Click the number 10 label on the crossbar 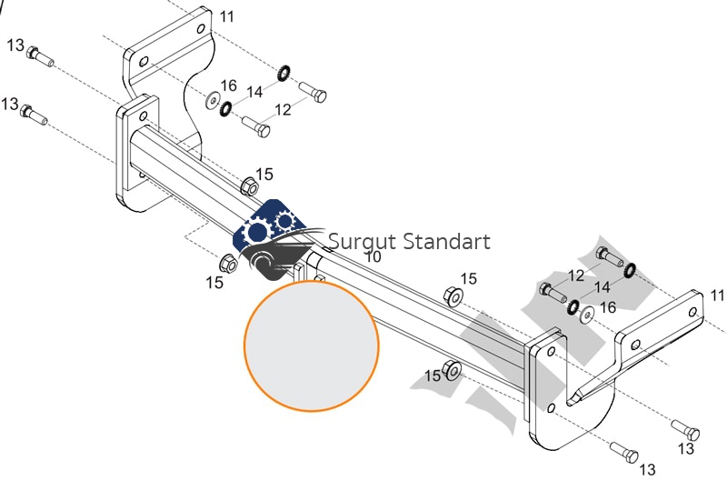tap(373, 256)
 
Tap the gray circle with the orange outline tap(311, 345)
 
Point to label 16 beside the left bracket tap(228, 85)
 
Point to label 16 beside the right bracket tap(608, 307)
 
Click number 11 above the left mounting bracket tap(226, 16)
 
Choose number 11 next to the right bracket tap(718, 296)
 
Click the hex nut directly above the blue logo tap(247, 186)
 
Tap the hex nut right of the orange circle tap(451, 372)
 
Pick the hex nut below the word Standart tap(451, 296)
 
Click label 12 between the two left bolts tap(283, 109)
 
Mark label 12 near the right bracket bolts tap(576, 276)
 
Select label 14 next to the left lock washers tap(254, 92)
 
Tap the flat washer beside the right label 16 tap(588, 315)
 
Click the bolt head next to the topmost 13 tap(34, 52)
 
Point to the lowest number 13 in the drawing tap(647, 469)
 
